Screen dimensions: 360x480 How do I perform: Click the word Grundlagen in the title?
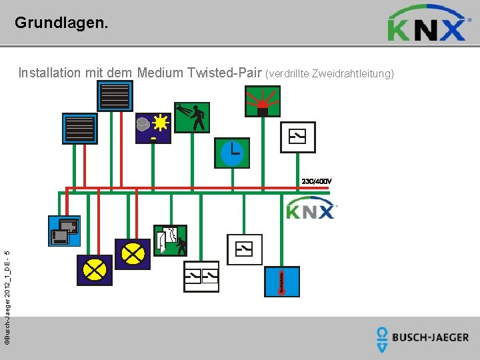59,23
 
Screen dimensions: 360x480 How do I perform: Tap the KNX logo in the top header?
427,24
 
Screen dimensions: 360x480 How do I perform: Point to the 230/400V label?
317,181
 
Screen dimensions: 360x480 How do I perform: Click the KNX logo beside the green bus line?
311,210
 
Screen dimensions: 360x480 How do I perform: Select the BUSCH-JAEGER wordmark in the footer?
430,337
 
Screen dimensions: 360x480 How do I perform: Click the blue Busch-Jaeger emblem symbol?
382,339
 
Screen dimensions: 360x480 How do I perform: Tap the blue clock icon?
231,153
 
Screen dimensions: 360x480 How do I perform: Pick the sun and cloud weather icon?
153,126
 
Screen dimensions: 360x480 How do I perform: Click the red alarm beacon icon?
263,101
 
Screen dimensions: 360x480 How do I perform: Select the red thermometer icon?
282,282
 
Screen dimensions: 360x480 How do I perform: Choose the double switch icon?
201,276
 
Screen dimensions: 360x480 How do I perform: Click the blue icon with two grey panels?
64,231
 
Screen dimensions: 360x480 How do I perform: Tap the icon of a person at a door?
170,241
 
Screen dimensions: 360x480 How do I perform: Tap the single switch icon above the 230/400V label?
297,137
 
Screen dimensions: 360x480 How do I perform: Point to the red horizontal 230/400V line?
200,188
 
